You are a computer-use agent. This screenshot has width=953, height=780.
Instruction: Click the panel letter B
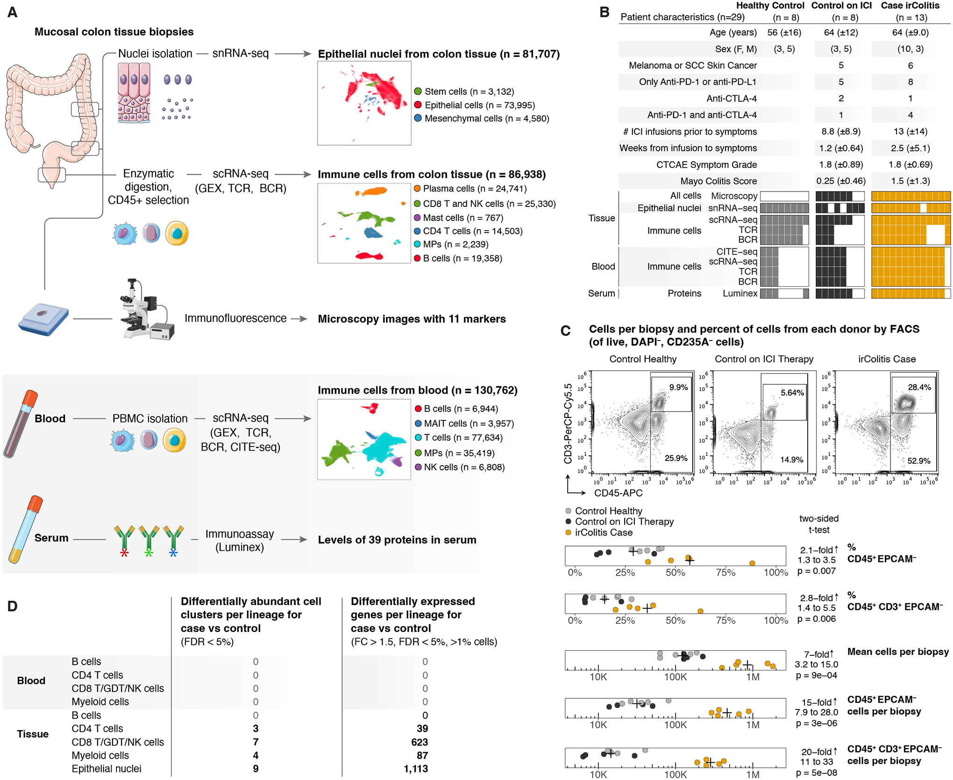tap(604, 12)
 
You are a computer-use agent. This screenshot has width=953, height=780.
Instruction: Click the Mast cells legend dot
tap(417, 218)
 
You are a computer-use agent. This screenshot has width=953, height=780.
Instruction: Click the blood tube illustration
tap(21, 423)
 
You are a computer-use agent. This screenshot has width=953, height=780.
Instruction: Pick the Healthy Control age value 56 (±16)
tap(784, 33)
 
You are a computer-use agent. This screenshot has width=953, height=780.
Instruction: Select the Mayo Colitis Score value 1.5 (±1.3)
tap(910, 181)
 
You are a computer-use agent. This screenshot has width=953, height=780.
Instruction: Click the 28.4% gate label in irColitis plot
tap(919, 387)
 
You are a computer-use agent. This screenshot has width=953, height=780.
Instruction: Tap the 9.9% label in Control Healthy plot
tap(678, 387)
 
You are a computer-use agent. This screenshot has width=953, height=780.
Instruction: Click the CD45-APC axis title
tap(618, 493)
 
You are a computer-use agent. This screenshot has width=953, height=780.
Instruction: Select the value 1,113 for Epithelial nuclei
tap(416, 769)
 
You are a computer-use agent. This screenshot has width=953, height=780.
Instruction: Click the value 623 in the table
tap(419, 742)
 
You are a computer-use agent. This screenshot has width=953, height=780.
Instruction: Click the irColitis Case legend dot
tap(568, 533)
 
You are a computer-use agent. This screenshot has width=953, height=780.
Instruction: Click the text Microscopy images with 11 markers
tap(412, 319)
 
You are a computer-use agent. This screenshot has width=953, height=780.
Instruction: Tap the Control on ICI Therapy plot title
tap(764, 359)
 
